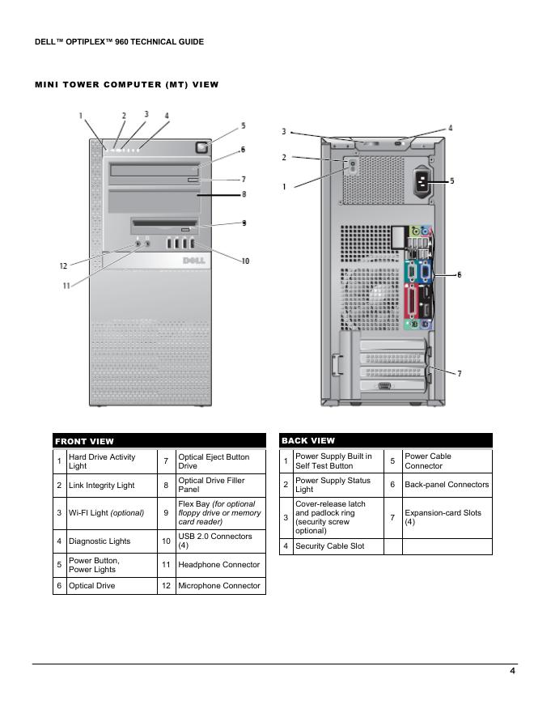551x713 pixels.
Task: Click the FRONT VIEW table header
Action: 159,441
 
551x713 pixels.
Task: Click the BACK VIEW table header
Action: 385,440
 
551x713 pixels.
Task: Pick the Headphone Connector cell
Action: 219,565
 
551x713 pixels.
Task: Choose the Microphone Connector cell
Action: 219,586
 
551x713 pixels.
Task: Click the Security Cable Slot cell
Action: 337,546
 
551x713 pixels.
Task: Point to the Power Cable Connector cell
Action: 447,461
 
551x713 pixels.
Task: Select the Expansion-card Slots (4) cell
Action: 447,518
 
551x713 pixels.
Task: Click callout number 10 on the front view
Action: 245,261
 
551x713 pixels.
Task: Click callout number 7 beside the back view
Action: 459,374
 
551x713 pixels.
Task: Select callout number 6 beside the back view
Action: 459,275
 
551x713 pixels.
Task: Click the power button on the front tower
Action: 201,147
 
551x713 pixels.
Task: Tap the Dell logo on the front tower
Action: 195,261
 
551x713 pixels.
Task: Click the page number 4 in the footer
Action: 512,670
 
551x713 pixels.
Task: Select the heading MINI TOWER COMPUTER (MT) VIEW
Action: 126,84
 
